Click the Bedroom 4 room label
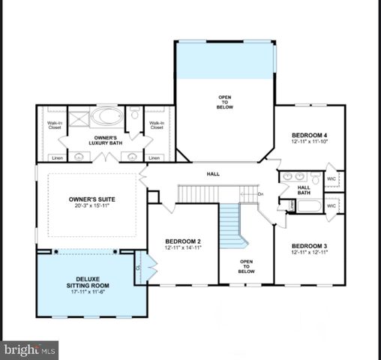(310, 135)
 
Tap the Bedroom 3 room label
(310, 246)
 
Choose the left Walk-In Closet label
(55, 125)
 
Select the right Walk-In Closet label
(157, 125)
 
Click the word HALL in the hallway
(213, 174)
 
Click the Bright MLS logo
(30, 349)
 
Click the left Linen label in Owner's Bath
(57, 157)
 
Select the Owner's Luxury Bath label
(105, 140)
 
